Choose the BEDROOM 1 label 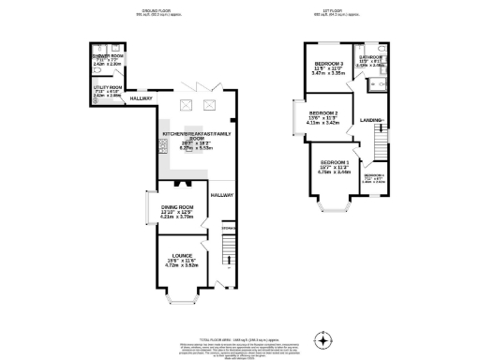coord(335,163)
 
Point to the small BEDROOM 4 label coord(374,175)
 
